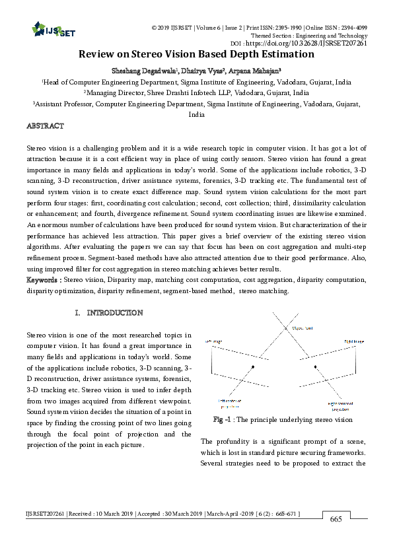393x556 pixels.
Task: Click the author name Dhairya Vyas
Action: click(x=200, y=71)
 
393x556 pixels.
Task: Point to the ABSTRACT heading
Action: click(x=45, y=125)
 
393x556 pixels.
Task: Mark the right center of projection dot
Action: click(x=316, y=365)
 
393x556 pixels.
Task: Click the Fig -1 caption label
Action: click(x=223, y=419)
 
